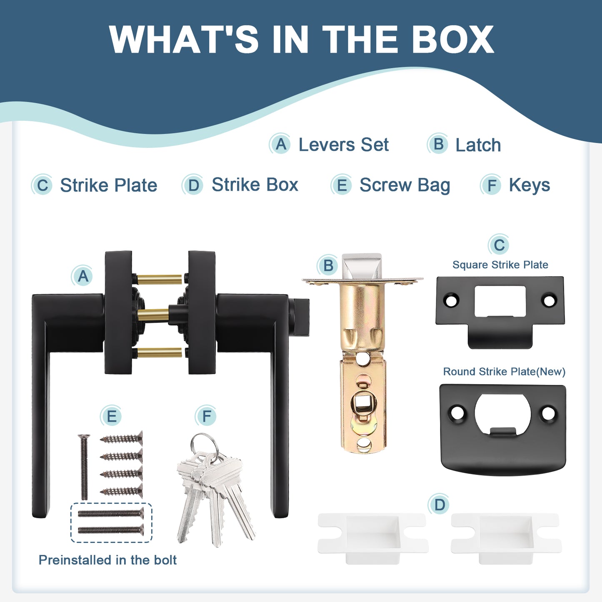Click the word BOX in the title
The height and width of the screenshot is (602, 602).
click(453, 39)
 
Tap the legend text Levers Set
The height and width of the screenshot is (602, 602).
click(344, 145)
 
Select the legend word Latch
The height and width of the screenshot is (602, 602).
click(478, 145)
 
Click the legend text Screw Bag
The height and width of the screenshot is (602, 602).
click(405, 185)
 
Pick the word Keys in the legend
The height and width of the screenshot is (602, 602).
click(530, 185)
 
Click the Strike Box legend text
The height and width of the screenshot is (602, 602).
click(255, 184)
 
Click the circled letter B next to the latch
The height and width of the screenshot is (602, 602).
click(328, 266)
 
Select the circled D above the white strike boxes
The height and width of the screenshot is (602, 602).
click(440, 505)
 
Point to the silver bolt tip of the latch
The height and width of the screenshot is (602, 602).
click(362, 266)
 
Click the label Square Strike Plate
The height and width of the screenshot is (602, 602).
click(500, 265)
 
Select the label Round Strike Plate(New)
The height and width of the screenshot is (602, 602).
click(504, 372)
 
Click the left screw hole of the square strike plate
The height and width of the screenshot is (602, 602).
click(450, 300)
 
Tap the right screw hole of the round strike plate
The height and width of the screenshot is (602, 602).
click(548, 413)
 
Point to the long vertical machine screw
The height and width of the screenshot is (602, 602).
click(84, 467)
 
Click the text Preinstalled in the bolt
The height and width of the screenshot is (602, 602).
click(107, 560)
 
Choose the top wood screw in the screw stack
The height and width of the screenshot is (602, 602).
click(121, 439)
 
